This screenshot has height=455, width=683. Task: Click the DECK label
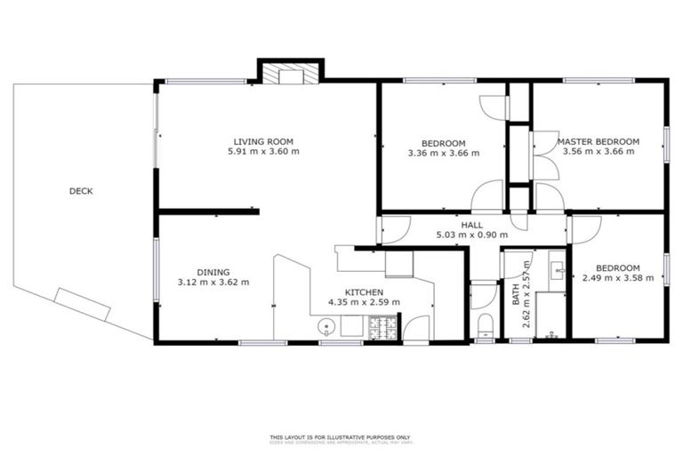[81, 191]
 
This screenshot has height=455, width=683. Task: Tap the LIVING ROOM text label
[263, 141]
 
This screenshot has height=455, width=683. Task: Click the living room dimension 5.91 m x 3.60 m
[263, 152]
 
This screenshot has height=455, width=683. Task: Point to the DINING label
[213, 272]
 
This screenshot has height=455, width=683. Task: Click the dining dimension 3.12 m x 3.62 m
[213, 283]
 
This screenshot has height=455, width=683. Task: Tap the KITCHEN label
[364, 291]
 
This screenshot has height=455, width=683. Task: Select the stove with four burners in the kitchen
[383, 330]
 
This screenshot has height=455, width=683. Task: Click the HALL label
[471, 225]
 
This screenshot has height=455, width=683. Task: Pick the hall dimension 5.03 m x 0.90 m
[471, 235]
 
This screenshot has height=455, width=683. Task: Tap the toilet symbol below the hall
[485, 323]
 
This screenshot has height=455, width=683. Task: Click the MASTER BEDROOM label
[598, 141]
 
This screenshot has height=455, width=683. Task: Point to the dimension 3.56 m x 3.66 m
[598, 152]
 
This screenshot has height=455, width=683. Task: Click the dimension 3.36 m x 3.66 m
[443, 153]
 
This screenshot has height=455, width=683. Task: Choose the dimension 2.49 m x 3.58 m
[617, 278]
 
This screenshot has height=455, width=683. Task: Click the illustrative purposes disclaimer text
[341, 436]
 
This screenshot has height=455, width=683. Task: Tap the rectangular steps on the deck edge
[83, 304]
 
